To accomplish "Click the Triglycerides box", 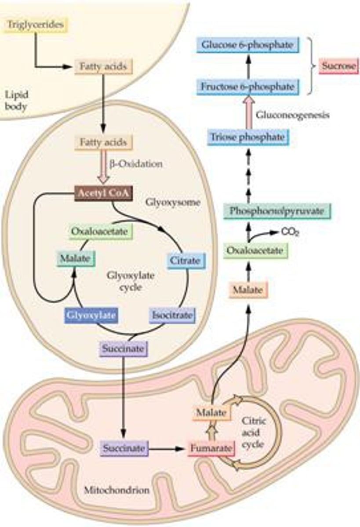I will [35, 25].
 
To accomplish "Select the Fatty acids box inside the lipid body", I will [103, 67].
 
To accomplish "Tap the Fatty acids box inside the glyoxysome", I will [103, 143].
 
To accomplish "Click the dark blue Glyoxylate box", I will [91, 315].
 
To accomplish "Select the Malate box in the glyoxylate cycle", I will [75, 258].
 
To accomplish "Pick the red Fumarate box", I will [209, 449].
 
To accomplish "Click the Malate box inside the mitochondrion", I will [211, 413].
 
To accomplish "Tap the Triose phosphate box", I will [247, 137].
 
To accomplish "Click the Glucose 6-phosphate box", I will [247, 45].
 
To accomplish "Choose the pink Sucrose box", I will [338, 67].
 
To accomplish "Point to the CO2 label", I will [290, 232].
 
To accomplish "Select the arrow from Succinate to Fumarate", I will [167, 449].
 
